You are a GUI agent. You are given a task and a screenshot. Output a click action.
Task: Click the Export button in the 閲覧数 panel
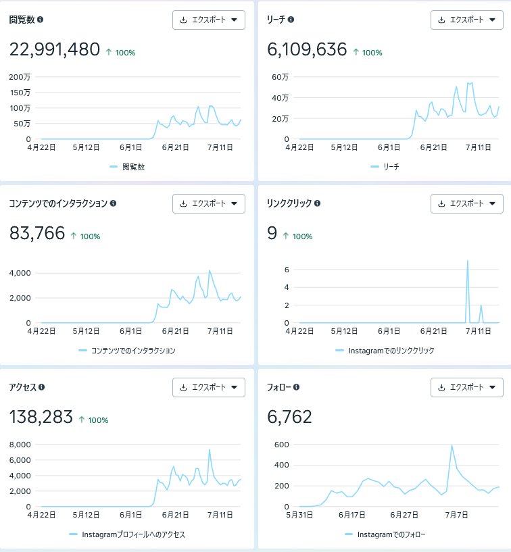click(209, 20)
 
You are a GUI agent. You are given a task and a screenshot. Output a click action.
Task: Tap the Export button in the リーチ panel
click(467, 20)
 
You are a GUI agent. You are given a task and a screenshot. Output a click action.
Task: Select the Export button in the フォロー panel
click(467, 387)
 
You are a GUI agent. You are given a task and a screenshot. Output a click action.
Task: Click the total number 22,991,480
click(55, 49)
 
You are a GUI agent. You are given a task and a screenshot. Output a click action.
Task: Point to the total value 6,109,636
click(307, 49)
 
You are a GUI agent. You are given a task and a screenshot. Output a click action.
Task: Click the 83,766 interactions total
click(37, 233)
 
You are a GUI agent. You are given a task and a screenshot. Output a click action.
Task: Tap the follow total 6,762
click(289, 417)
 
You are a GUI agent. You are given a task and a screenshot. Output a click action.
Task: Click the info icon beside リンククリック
click(317, 203)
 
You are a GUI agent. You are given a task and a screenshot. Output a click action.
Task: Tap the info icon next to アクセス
click(41, 387)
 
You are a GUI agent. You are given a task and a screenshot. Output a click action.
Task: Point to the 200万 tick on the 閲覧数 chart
click(20, 77)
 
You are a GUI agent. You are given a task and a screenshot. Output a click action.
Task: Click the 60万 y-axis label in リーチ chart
click(280, 77)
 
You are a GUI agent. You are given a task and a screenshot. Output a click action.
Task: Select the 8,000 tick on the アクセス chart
click(20, 445)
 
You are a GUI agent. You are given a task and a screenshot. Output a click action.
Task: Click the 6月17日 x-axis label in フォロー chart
click(351, 515)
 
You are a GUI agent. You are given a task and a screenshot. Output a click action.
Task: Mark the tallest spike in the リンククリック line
click(467, 261)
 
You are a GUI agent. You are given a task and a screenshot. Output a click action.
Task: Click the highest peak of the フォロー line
click(452, 445)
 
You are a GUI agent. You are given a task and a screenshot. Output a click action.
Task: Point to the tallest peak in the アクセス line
click(209, 449)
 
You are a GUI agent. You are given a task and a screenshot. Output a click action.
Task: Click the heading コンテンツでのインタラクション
click(58, 203)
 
